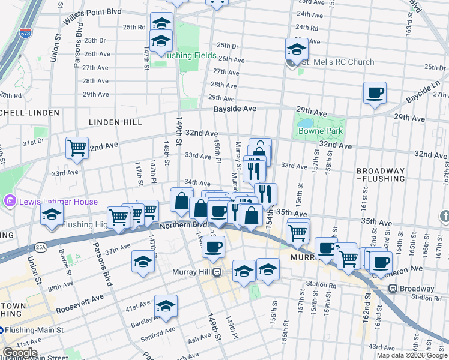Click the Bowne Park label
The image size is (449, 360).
coord(320,131)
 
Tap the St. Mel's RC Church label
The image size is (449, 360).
coord(337,62)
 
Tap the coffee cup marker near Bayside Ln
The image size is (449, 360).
coord(375,94)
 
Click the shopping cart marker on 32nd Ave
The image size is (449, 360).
coord(77,148)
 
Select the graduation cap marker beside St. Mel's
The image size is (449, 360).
coord(297,50)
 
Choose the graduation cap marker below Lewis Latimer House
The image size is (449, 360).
coord(52,215)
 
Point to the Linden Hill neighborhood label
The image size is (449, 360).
coord(115,122)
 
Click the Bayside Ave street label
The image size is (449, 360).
coord(235,109)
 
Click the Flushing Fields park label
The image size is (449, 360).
coord(191,56)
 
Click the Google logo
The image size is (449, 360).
coord(20,353)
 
